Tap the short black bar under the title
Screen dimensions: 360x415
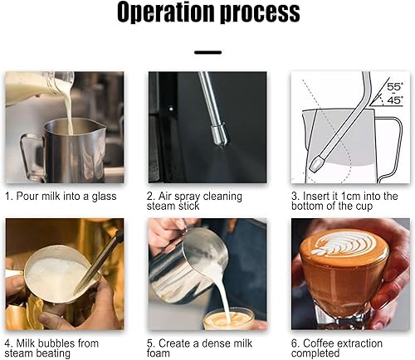pos(207,51)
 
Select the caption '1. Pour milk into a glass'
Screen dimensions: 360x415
pos(64,196)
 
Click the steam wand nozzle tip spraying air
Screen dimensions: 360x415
pos(218,138)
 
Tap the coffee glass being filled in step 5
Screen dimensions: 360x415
pos(228,319)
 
